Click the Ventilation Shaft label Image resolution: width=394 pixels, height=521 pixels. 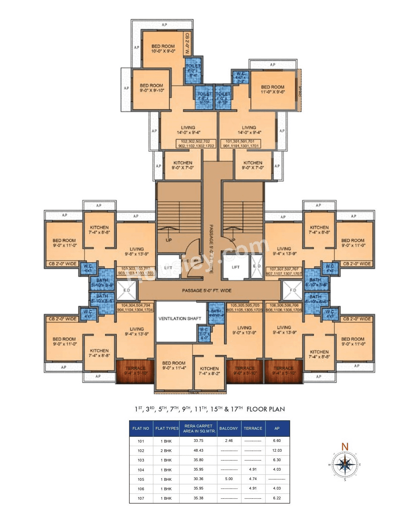(x=180, y=318)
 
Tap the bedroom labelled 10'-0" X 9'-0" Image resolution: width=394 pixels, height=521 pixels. (x=163, y=49)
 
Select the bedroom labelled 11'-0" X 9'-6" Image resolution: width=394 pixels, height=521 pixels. (x=273, y=89)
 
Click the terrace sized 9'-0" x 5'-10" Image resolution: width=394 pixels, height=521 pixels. (x=245, y=371)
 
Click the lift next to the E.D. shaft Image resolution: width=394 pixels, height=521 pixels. (x=235, y=267)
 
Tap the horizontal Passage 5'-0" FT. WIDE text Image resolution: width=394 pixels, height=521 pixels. (x=207, y=290)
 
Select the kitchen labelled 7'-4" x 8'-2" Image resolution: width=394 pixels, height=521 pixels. (x=209, y=371)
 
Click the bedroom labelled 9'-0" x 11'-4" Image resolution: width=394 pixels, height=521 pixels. (x=173, y=365)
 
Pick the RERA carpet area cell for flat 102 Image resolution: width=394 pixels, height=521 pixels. (x=199, y=450)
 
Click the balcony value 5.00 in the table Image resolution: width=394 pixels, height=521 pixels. (x=229, y=479)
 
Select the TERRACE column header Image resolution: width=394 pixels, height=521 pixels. (x=253, y=428)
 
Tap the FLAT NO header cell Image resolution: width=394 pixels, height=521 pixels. (x=141, y=428)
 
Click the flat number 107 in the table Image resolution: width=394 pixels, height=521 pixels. (x=141, y=498)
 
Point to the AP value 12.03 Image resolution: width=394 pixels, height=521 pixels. (x=277, y=450)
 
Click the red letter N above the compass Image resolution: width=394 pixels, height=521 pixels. (x=345, y=447)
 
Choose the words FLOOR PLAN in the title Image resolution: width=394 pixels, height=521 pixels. (x=265, y=409)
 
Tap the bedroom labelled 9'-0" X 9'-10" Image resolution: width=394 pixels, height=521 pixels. (x=152, y=88)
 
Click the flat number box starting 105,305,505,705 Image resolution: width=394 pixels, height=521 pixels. (x=244, y=307)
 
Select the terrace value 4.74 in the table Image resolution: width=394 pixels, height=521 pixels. (x=253, y=479)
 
